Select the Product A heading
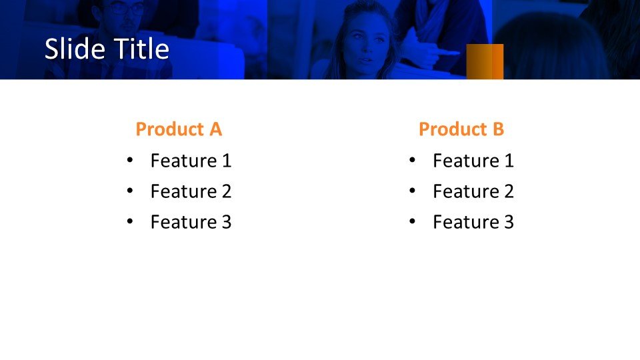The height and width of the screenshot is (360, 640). (x=179, y=129)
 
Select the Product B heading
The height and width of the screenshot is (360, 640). (x=461, y=129)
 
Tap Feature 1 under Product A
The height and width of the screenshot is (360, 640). (x=191, y=161)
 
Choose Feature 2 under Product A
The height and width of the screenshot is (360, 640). (x=191, y=191)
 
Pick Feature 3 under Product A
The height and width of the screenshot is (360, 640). (x=191, y=222)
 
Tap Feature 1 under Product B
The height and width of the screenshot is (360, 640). (x=473, y=161)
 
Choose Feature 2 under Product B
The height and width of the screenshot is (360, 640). (x=473, y=191)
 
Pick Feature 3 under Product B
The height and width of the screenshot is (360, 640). (x=473, y=222)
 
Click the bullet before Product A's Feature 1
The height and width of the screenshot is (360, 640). (x=130, y=160)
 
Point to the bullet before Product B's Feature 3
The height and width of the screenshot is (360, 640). (x=412, y=221)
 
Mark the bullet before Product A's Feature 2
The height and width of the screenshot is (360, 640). (x=130, y=191)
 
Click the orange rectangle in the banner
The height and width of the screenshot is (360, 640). (x=485, y=61)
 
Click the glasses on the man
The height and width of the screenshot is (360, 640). (x=127, y=9)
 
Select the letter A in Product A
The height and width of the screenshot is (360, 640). (x=216, y=129)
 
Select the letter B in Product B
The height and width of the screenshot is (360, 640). (x=499, y=129)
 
